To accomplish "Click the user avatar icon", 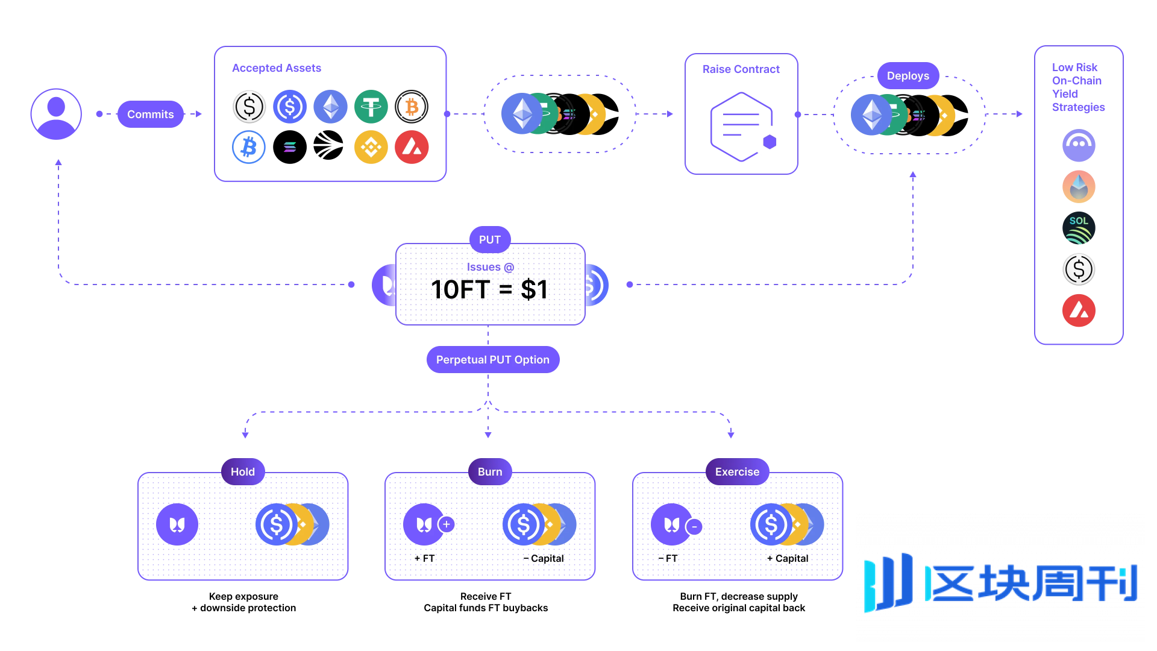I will (56, 114).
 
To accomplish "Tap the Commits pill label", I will (150, 114).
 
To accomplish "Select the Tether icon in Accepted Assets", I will (371, 107).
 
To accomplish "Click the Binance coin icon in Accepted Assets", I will (371, 146).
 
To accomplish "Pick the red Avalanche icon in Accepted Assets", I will (412, 146).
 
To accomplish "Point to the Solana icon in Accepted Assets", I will (290, 146).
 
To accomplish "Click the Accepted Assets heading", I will (277, 68).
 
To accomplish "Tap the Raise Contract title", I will (741, 69).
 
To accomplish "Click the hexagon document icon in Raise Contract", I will (741, 126).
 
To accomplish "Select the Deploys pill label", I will (908, 76).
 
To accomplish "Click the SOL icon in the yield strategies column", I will (1079, 228).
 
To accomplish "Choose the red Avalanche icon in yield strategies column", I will (1079, 310).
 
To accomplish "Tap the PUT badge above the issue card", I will (489, 240).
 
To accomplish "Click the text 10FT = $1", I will (489, 289).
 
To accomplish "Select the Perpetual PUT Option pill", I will (492, 360).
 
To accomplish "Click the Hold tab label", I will (243, 472).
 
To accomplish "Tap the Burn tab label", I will (490, 472).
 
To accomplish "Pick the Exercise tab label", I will (737, 472).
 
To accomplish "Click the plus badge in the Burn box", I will (447, 524).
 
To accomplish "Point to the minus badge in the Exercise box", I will (694, 526).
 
